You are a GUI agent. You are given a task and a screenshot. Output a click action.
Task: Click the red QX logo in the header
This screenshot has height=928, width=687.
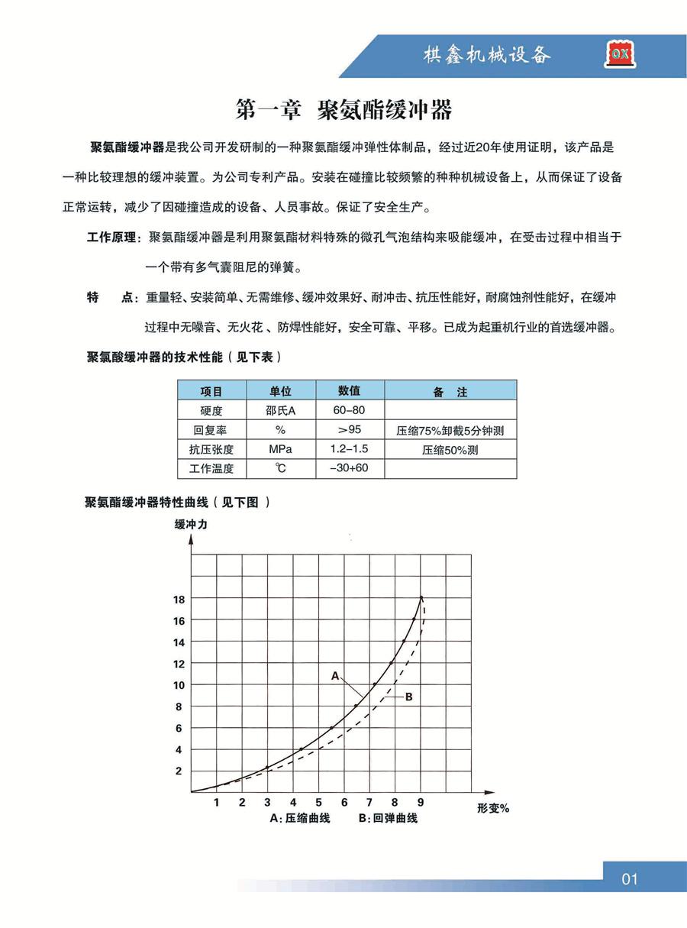pos(619,54)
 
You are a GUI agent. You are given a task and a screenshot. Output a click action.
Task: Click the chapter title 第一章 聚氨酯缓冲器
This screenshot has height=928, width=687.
pos(344,110)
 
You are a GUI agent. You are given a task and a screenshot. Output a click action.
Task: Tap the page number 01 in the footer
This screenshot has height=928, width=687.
pos(629,879)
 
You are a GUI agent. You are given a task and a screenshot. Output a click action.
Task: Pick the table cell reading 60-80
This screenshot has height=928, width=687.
pos(349,411)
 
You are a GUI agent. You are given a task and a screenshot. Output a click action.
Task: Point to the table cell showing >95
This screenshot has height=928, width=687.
pos(349,430)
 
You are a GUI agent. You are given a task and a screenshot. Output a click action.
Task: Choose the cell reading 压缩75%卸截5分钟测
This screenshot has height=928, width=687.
pos(450,431)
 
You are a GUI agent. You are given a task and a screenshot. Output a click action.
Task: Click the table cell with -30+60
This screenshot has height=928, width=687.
pos(349,468)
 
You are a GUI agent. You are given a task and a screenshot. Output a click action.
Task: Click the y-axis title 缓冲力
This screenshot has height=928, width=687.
pos(191,524)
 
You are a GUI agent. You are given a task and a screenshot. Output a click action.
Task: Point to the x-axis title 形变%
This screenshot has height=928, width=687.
pos(492,808)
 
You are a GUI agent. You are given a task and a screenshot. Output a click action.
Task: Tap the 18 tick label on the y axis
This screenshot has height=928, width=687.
pos(179,600)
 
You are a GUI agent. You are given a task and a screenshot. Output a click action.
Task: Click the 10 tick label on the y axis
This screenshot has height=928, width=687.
pos(179,685)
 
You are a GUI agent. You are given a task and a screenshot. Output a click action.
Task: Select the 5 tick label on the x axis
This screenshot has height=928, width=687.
pos(318,802)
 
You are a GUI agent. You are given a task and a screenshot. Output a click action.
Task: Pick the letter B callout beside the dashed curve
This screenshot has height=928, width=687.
pos(408,697)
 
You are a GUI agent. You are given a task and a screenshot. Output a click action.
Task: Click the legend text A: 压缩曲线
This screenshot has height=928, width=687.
pos(300,819)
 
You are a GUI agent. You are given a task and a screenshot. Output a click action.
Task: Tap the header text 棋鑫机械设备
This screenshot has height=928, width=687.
pos(487,55)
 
